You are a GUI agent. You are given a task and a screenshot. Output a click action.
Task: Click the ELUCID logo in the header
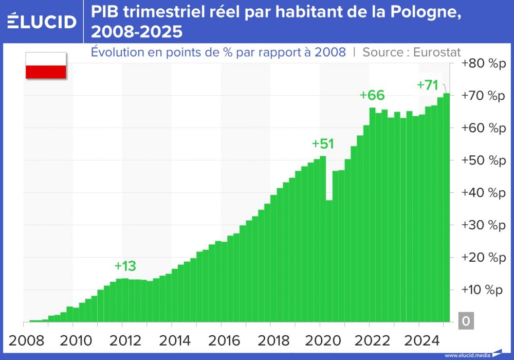(x=42, y=22)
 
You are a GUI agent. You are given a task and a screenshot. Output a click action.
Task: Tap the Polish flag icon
(x=46, y=65)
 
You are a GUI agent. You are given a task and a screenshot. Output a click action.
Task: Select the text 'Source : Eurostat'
(x=411, y=52)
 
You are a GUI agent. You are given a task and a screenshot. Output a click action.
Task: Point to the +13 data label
(x=125, y=266)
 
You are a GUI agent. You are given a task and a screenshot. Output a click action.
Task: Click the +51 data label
(x=323, y=144)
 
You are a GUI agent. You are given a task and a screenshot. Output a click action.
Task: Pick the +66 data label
(x=372, y=95)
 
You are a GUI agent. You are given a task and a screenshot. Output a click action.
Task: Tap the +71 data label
(x=427, y=85)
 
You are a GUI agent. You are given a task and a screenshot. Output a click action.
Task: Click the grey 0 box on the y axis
(x=466, y=321)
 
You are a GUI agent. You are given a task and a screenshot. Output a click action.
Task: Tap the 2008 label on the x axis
(x=24, y=340)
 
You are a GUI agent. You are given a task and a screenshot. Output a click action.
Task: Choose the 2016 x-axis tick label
(x=221, y=340)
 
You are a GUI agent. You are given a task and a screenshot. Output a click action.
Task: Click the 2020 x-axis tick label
(x=320, y=340)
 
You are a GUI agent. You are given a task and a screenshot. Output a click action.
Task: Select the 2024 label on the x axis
(x=418, y=340)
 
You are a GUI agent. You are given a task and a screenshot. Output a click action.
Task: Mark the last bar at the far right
(x=447, y=206)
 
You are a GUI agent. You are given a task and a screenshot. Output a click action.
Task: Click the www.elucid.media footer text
(x=466, y=355)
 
